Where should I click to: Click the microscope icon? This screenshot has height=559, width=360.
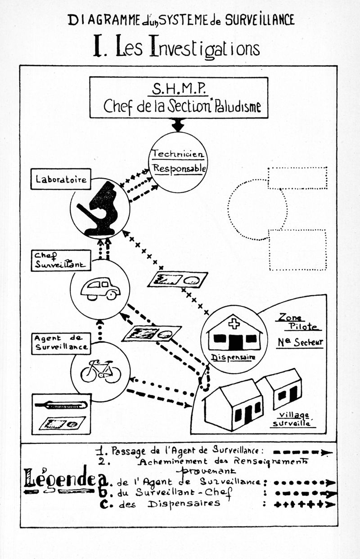click(99, 208)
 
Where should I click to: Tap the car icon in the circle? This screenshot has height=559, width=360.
click(100, 289)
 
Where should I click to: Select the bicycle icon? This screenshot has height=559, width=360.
click(100, 371)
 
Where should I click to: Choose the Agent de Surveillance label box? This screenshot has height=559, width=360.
click(61, 343)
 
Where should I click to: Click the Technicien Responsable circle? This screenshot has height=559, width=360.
click(178, 162)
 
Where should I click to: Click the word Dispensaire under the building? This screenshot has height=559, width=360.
click(233, 357)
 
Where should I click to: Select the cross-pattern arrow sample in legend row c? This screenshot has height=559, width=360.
click(304, 504)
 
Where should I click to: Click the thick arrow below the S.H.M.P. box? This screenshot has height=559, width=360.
click(178, 124)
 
